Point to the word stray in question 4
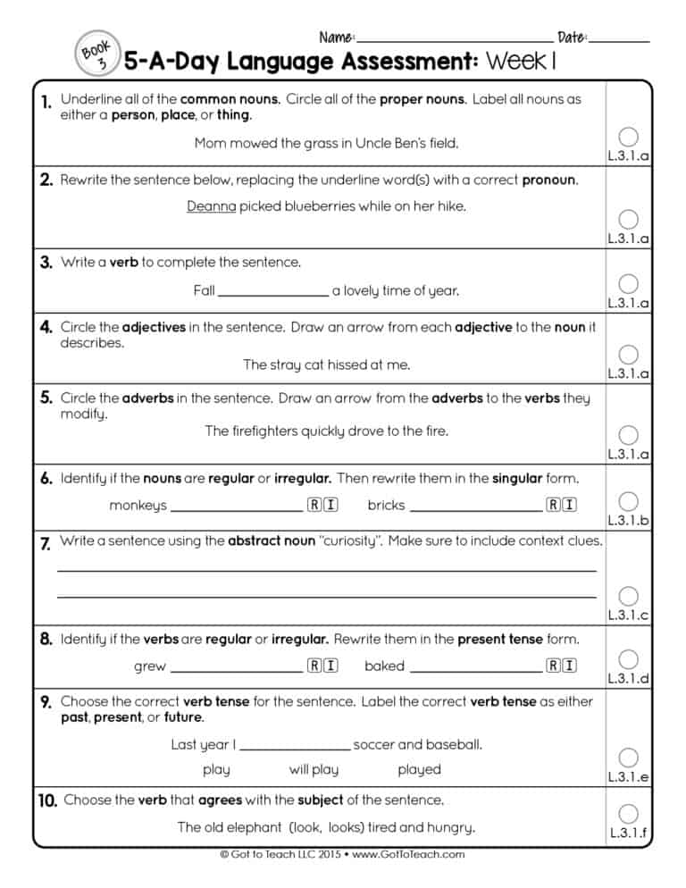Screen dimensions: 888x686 pyautogui.click(x=287, y=364)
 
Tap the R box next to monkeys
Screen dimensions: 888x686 pyautogui.click(x=314, y=505)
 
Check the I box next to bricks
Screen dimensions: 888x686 pyautogui.click(x=569, y=505)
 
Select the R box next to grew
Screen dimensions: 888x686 pyautogui.click(x=314, y=666)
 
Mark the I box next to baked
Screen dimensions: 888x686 pyautogui.click(x=569, y=666)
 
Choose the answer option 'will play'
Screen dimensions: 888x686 pyautogui.click(x=314, y=769)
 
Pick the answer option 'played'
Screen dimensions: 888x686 pyautogui.click(x=419, y=769)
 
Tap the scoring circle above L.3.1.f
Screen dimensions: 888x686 pyautogui.click(x=628, y=814)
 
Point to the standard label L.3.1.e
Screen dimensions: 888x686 pyautogui.click(x=628, y=777)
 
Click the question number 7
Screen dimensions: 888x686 pyautogui.click(x=45, y=544)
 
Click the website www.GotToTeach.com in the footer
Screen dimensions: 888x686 pyautogui.click(x=408, y=854)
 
